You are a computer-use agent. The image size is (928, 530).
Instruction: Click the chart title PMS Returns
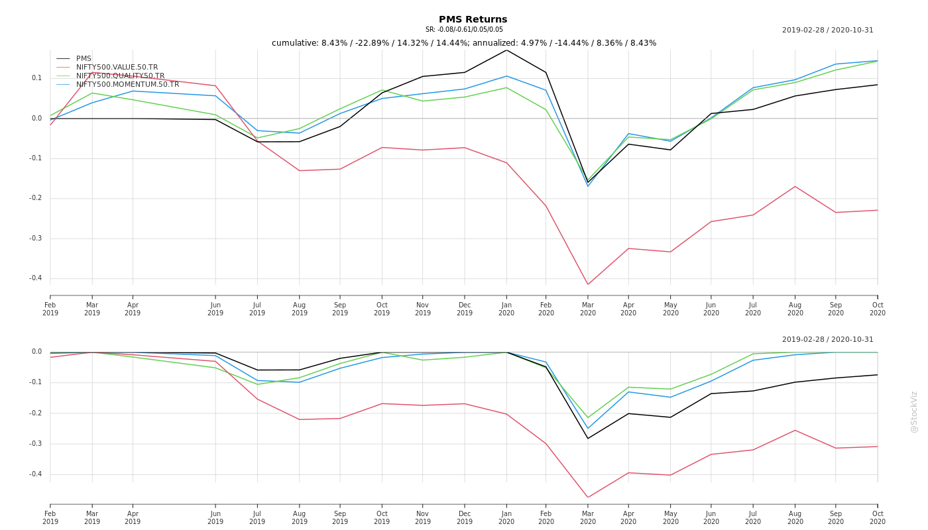pyautogui.click(x=473, y=20)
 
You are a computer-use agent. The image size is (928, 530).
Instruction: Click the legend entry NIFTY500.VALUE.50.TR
pyautogui.click(x=117, y=68)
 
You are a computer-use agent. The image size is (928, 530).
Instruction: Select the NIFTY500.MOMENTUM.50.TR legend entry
pyautogui.click(x=127, y=85)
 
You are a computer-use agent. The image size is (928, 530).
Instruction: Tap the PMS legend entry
pyautogui.click(x=84, y=59)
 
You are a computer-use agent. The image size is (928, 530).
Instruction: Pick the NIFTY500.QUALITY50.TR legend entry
pyautogui.click(x=120, y=76)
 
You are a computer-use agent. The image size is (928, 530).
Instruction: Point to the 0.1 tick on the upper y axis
pyautogui.click(x=36, y=78)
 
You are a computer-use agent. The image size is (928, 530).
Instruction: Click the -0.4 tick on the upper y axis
pyautogui.click(x=35, y=278)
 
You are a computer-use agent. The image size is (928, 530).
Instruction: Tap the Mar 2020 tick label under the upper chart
pyautogui.click(x=588, y=309)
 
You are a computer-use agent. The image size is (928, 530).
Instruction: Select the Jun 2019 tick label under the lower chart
pyautogui.click(x=215, y=517)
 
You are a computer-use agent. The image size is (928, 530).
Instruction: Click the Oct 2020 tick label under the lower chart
pyautogui.click(x=878, y=517)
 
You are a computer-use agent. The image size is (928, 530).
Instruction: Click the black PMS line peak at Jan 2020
pyautogui.click(x=506, y=50)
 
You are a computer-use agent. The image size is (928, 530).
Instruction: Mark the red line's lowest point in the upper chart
pyautogui.click(x=587, y=284)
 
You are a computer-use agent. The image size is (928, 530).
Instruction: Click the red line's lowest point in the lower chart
pyautogui.click(x=587, y=498)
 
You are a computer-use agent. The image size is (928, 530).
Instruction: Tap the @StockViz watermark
pyautogui.click(x=914, y=412)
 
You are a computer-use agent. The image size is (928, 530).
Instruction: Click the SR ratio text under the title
pyautogui.click(x=464, y=30)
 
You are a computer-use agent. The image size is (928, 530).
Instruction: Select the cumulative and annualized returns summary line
pyautogui.click(x=464, y=43)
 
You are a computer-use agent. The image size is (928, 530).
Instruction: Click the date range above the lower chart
pyautogui.click(x=827, y=340)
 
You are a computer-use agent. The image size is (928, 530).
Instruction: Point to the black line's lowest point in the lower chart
pyautogui.click(x=587, y=438)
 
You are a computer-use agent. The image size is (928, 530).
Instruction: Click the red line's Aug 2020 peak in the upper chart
pyautogui.click(x=795, y=186)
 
